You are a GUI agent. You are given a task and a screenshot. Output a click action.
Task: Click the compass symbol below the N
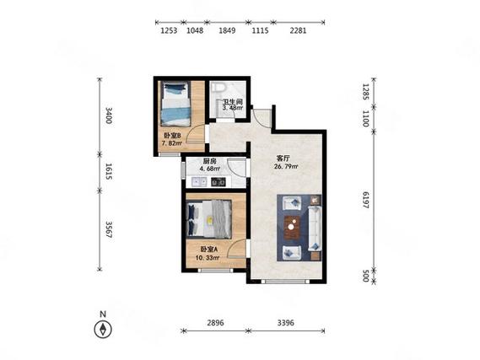coord(103,329)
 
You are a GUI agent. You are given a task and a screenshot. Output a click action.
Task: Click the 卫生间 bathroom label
coord(232,101)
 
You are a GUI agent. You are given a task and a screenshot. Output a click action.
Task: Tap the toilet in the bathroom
coord(218,87)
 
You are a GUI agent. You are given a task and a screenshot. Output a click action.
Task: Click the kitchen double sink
coord(199,182)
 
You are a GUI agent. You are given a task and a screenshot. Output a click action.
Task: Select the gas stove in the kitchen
coord(218,182)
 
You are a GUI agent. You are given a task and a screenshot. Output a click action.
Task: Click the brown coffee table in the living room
coord(292,227)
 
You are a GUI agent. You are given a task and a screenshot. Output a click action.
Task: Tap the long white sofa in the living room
coord(315,228)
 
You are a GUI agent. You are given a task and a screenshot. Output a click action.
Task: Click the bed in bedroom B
coord(175,104)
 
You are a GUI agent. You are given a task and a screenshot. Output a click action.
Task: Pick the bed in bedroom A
coord(209,219)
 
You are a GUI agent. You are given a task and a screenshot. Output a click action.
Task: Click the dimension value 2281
coord(298,30)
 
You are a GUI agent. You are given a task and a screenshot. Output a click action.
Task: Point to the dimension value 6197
coord(365,200)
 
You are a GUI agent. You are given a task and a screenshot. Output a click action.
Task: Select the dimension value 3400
coord(108,116)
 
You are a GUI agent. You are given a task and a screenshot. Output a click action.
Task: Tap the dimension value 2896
coord(215,323)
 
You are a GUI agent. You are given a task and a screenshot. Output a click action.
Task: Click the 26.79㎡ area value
coord(286,167)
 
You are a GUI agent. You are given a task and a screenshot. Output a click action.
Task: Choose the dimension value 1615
coord(108,172)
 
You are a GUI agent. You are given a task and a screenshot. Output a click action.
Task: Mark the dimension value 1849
coord(227,30)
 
